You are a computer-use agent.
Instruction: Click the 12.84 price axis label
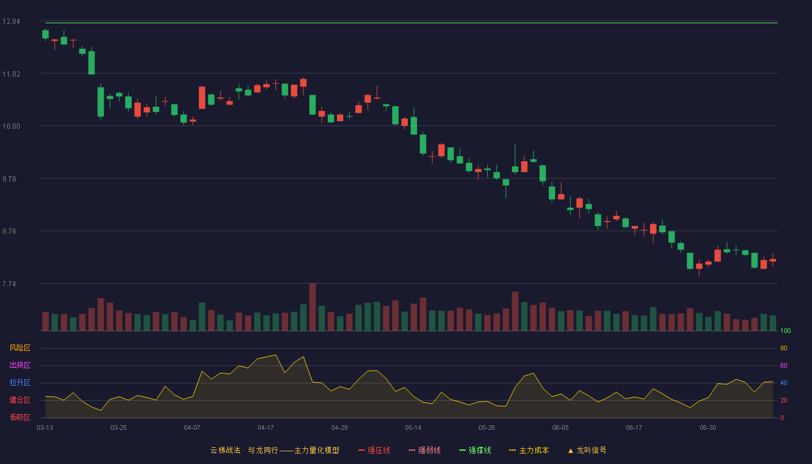(11, 21)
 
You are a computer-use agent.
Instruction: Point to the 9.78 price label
(9, 179)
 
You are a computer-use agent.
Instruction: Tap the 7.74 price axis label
(9, 284)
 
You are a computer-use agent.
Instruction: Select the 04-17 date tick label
(266, 428)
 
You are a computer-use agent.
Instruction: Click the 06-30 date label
(708, 428)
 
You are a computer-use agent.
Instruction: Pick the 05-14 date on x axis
(413, 428)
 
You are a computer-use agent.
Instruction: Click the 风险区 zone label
(20, 348)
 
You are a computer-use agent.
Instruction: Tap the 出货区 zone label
(20, 365)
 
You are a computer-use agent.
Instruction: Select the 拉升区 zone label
(20, 382)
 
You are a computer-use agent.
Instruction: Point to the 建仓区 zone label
(20, 400)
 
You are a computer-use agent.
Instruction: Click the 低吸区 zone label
(20, 417)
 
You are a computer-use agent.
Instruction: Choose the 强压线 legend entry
(374, 450)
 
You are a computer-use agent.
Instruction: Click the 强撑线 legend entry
(475, 450)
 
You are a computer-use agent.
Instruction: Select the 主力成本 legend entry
(529, 450)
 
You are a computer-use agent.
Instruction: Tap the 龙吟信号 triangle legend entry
(587, 450)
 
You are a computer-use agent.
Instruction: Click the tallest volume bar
(313, 307)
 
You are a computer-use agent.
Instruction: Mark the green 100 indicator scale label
(785, 331)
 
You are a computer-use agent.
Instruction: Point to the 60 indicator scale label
(784, 365)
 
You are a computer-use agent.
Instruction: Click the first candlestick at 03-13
(45, 34)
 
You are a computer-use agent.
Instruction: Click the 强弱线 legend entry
(425, 450)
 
